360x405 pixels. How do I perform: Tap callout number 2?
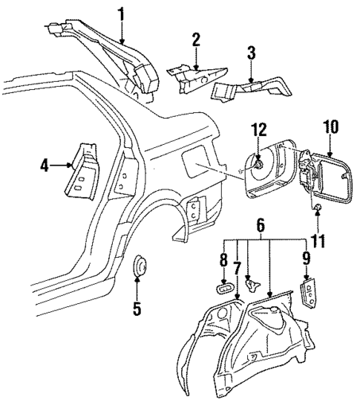(x=196, y=39)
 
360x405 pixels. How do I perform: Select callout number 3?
(x=252, y=53)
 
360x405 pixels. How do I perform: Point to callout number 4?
(x=45, y=166)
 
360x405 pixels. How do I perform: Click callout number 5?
(x=137, y=308)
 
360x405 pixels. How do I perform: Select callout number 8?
(x=223, y=262)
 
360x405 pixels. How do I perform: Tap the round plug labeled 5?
(x=138, y=268)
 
